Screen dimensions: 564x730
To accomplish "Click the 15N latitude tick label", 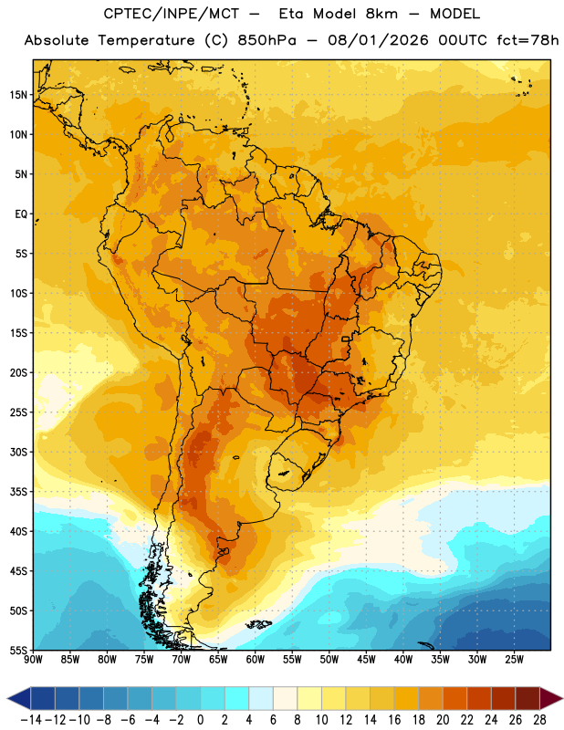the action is click(x=18, y=95).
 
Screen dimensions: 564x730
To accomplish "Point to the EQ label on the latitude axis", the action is click(x=21, y=214).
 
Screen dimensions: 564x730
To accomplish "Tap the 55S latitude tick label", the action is click(x=18, y=650).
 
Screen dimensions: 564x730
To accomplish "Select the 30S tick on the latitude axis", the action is click(x=18, y=452).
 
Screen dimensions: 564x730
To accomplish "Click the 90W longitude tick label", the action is click(x=33, y=660).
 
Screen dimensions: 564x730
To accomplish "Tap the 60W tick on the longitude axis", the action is click(x=256, y=660).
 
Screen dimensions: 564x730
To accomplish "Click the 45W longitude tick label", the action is click(x=366, y=660).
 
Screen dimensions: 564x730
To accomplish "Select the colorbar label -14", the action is click(x=31, y=720).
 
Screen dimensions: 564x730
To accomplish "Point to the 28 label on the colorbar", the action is click(x=539, y=720).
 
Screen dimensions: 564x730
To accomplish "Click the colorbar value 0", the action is click(x=200, y=720).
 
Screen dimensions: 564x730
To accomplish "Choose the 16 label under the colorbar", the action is click(x=394, y=720).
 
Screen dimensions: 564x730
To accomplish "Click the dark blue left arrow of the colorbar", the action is click(x=19, y=698).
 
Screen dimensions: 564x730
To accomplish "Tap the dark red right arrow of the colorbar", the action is click(x=551, y=698).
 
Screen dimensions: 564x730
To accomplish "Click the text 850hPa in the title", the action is click(x=266, y=40).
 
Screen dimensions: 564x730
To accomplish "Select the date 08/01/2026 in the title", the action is click(x=378, y=40).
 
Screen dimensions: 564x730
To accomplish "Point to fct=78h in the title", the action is click(x=527, y=40).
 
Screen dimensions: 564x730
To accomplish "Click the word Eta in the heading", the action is click(x=290, y=14).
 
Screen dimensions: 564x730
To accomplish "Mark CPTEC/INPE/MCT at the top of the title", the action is click(x=172, y=14).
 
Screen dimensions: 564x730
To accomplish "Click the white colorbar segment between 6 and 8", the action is click(x=285, y=698).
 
